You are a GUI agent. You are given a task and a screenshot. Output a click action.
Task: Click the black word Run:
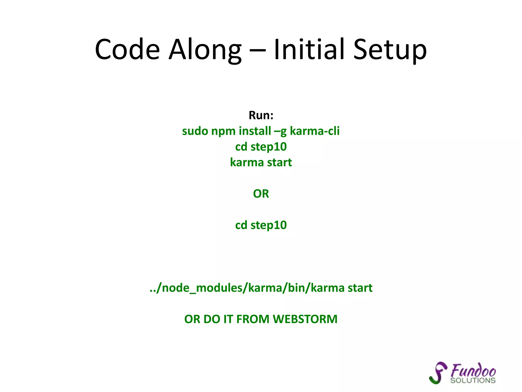tap(261, 115)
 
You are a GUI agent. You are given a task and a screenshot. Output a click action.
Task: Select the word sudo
tap(195, 131)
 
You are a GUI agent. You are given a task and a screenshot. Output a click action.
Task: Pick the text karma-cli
tap(315, 131)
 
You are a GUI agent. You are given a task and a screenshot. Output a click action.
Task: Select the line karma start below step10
tap(261, 163)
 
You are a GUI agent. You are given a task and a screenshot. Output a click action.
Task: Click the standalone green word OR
tap(261, 194)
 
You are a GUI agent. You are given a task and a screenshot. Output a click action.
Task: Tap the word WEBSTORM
tap(305, 319)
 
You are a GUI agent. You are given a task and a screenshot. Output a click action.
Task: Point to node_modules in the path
tap(202, 288)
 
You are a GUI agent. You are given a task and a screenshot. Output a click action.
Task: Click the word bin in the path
tap(296, 288)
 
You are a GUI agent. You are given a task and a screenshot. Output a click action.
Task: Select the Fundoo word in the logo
tap(473, 371)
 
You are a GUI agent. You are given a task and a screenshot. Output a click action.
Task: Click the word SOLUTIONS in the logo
tap(473, 381)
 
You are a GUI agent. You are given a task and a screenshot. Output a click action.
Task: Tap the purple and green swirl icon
tap(438, 373)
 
